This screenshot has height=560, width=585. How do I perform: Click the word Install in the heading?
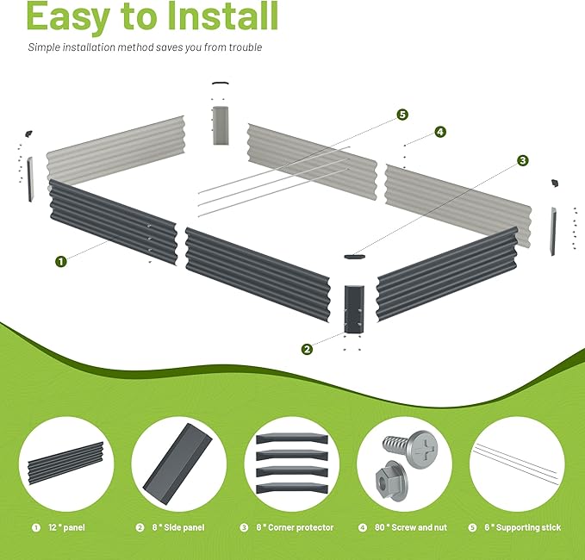click(222, 16)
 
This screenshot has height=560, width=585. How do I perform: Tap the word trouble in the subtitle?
click(246, 47)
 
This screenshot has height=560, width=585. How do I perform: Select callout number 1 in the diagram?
click(61, 261)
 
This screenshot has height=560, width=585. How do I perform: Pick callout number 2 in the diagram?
click(307, 349)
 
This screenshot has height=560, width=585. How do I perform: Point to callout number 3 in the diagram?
click(523, 160)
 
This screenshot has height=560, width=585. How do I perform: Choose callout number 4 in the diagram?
click(440, 132)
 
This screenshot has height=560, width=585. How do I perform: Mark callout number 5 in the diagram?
click(402, 115)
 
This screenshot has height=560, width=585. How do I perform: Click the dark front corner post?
click(354, 309)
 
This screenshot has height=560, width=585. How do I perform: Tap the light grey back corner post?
click(221, 126)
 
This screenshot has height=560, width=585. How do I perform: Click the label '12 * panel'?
click(66, 527)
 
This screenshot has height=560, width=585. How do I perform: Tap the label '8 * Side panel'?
click(178, 527)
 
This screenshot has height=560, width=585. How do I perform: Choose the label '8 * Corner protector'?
click(295, 527)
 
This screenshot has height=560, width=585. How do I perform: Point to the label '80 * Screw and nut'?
click(411, 527)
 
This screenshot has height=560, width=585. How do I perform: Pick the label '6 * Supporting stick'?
click(523, 527)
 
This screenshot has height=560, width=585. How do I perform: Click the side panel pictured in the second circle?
click(177, 464)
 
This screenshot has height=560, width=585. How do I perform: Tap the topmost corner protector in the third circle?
click(292, 438)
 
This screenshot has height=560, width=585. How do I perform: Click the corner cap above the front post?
click(354, 257)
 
